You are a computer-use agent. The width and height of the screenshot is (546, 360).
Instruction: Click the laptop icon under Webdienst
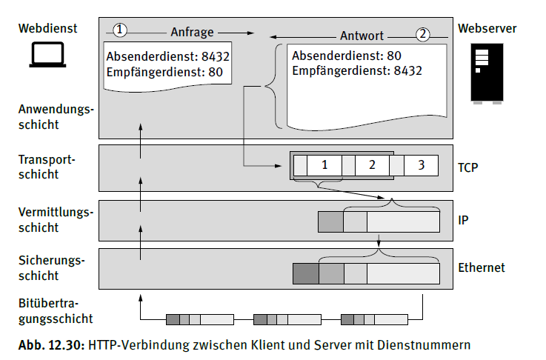click(47, 54)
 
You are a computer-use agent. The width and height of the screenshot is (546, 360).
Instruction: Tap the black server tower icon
click(487, 73)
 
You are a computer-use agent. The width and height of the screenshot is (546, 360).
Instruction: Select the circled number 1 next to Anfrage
click(120, 30)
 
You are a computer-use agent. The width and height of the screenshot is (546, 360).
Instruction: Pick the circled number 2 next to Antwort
click(423, 35)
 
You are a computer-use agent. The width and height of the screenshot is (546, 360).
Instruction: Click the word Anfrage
click(192, 33)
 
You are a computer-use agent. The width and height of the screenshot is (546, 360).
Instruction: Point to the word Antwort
click(362, 36)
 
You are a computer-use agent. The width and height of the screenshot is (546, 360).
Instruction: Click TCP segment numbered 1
click(324, 165)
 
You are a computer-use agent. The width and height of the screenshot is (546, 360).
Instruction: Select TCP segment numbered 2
click(372, 165)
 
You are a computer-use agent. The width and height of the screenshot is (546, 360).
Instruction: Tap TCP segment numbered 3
click(421, 165)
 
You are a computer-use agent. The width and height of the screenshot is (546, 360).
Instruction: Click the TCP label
click(467, 167)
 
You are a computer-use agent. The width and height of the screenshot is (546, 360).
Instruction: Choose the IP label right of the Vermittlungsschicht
click(463, 220)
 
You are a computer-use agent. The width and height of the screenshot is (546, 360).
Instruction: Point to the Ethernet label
click(482, 267)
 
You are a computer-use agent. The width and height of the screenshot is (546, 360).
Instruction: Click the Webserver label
click(487, 29)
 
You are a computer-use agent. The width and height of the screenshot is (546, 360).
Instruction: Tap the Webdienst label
click(47, 29)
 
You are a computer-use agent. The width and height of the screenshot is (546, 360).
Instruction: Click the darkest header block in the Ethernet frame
click(306, 273)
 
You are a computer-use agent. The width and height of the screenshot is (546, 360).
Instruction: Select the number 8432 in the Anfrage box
click(216, 56)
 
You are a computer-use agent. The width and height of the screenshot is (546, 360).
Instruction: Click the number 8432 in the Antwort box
click(407, 71)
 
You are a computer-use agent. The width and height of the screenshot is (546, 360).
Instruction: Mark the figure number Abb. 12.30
click(52, 345)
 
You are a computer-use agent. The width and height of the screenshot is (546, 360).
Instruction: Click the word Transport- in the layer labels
click(47, 160)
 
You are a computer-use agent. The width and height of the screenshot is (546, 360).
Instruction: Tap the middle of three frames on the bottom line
click(287, 319)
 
